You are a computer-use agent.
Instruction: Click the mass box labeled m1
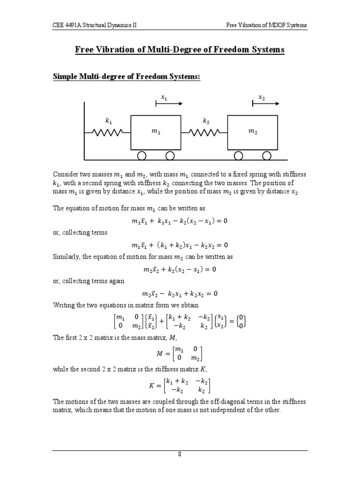[155, 133]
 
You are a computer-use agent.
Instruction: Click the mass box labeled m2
[253, 133]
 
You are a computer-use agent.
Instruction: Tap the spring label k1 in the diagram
[108, 121]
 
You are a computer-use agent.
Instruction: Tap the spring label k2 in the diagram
[206, 121]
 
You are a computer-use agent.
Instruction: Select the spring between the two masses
[204, 132]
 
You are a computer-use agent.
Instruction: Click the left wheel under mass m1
[142, 156]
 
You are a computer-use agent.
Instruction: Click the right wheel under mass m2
[266, 156]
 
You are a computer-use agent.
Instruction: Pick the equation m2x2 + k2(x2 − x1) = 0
[180, 270]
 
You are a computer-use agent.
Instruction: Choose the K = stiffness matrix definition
[180, 386]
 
